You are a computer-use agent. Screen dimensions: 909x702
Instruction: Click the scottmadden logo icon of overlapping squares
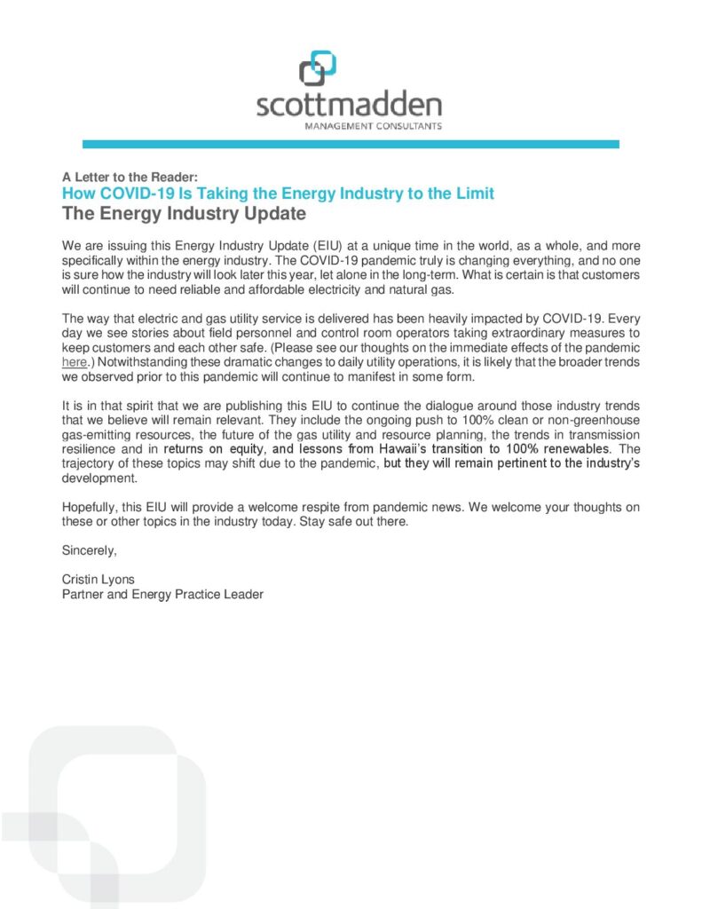click(x=317, y=69)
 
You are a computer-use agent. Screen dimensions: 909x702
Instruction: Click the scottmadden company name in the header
click(x=349, y=106)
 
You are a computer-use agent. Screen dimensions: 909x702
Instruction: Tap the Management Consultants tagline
click(x=373, y=127)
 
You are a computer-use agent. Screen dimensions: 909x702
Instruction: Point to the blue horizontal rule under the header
click(x=351, y=144)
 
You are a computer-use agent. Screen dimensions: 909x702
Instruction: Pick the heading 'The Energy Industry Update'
click(x=184, y=213)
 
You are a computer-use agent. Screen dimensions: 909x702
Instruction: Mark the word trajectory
click(x=90, y=463)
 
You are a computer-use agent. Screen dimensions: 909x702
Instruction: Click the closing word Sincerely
click(x=89, y=550)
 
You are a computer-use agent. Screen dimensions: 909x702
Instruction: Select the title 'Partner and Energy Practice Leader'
click(x=162, y=594)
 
